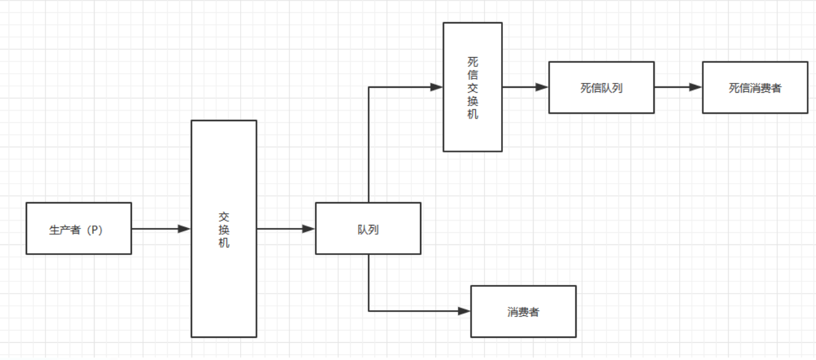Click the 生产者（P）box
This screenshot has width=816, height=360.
79,229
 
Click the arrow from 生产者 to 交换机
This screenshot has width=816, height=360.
160,229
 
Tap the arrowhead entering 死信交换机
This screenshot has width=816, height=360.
437,87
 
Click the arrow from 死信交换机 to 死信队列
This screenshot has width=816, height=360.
524,87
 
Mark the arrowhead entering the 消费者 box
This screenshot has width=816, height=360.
464,311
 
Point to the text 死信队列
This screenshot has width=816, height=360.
601,88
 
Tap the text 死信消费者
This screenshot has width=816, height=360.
755,88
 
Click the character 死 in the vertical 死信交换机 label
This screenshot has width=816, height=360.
472,61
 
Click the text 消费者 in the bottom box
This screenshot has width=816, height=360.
523,312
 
